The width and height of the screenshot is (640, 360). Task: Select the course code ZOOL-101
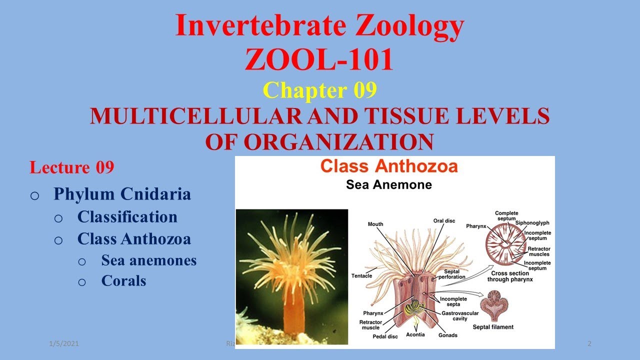pos(319,60)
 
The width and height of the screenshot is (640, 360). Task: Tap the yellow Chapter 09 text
pos(319,90)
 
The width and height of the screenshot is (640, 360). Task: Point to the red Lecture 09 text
pos(71,167)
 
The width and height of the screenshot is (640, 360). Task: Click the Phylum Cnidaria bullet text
pos(122,194)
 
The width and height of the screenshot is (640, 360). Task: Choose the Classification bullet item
pos(127,217)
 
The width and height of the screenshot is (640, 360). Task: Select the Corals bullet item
pos(123,281)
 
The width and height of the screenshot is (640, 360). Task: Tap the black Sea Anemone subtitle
pos(388,184)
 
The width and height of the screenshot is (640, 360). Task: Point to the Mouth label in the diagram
pos(375,224)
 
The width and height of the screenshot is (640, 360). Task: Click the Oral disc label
pos(444,221)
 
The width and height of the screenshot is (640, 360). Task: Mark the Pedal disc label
pos(385,336)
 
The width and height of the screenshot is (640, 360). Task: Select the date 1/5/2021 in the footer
pos(63,343)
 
